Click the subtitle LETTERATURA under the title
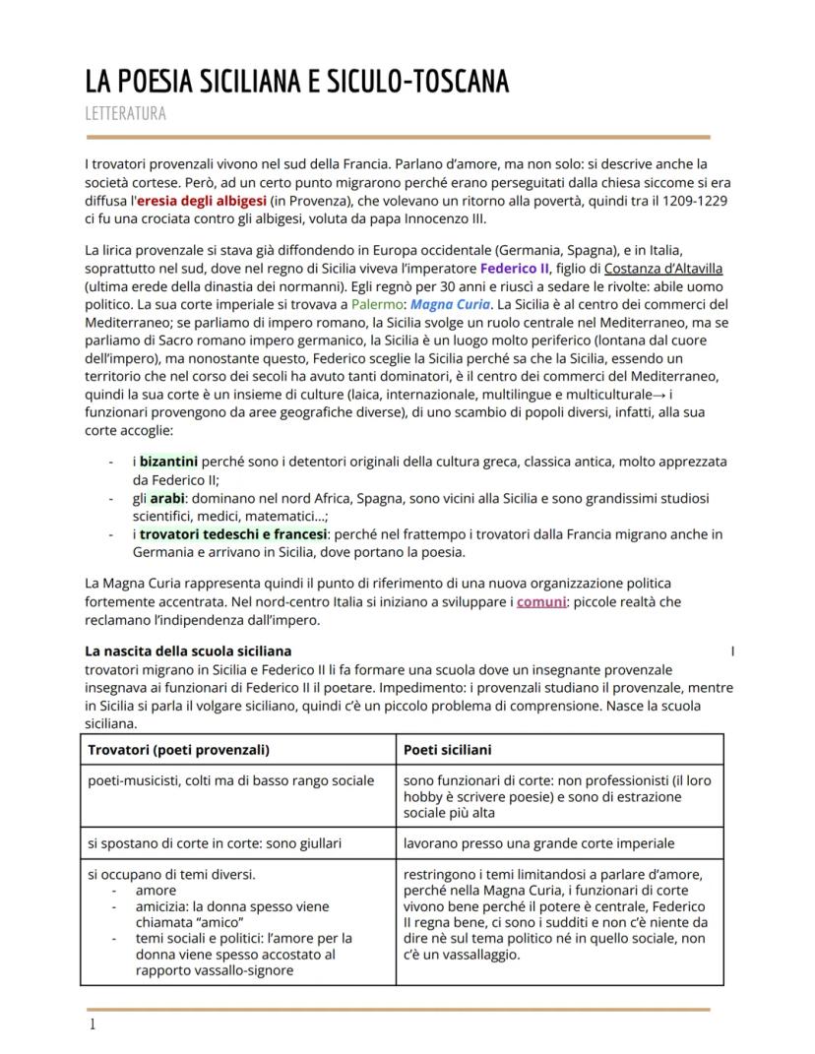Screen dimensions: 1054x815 [x=125, y=113]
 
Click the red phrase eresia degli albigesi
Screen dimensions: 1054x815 [x=201, y=200]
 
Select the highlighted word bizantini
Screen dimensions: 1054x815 [x=168, y=461]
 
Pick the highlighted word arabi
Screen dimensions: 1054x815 [x=167, y=498]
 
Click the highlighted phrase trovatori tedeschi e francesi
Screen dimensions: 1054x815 [x=232, y=534]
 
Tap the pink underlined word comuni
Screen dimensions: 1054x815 [x=541, y=601]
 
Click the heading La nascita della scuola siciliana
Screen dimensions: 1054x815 [x=188, y=651]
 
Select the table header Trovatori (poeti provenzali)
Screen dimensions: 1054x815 [x=178, y=749]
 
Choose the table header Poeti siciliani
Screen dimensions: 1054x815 [x=447, y=749]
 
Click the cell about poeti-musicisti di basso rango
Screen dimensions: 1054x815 [x=230, y=780]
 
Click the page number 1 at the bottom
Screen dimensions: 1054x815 [x=93, y=1024]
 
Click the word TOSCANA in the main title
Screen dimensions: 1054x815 [x=455, y=82]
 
